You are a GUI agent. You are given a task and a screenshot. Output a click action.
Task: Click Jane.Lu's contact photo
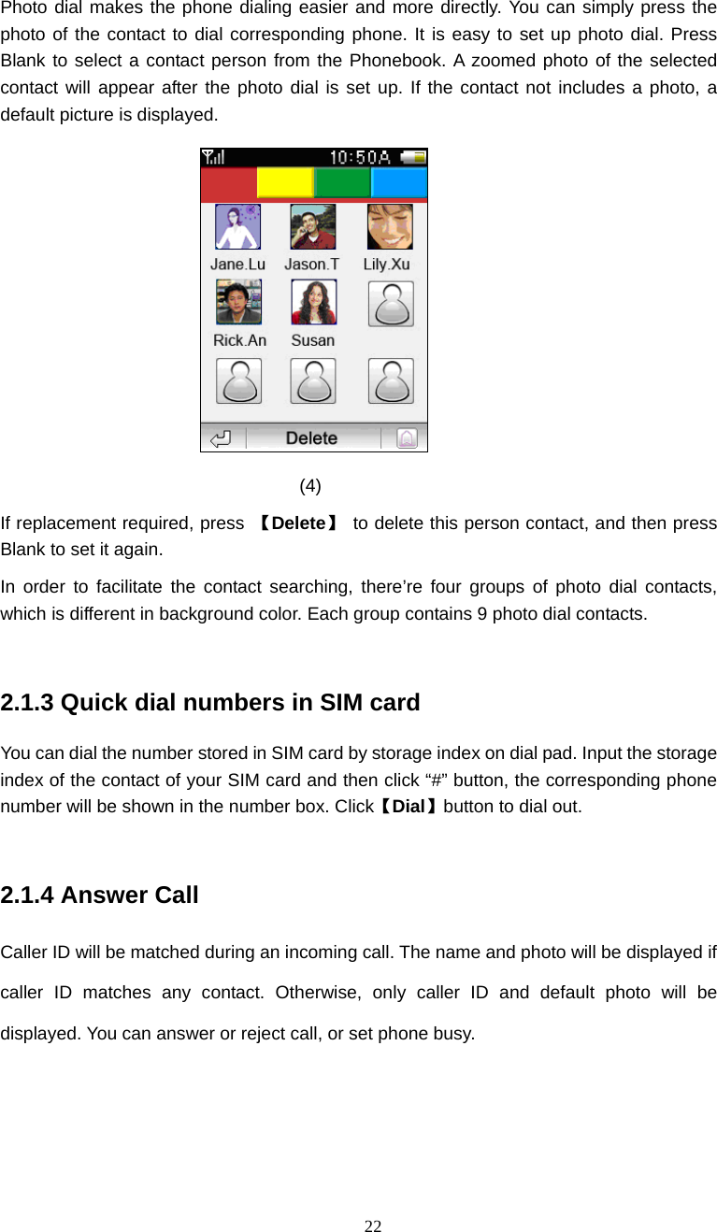(237, 227)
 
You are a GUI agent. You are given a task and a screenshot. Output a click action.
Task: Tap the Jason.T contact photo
(312, 227)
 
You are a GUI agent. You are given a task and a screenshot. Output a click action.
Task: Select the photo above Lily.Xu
(389, 227)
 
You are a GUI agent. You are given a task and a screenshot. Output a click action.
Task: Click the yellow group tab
(285, 182)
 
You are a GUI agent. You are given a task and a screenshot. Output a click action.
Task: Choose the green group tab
(342, 182)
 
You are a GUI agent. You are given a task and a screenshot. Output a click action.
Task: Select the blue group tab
(399, 182)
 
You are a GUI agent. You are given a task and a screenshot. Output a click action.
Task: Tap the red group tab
(228, 182)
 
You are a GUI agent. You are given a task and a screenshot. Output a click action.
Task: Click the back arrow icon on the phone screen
(222, 437)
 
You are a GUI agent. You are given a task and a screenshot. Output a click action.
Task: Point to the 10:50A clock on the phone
(360, 157)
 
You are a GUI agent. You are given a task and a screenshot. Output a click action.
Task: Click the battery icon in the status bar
(412, 157)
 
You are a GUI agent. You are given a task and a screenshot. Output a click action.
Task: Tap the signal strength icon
(213, 157)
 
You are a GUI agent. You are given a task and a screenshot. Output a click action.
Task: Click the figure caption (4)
(310, 485)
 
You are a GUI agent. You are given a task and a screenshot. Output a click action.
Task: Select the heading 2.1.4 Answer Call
(100, 895)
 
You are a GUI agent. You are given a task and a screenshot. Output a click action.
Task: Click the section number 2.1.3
(27, 702)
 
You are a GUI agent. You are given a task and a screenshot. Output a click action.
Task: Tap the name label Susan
(313, 340)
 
